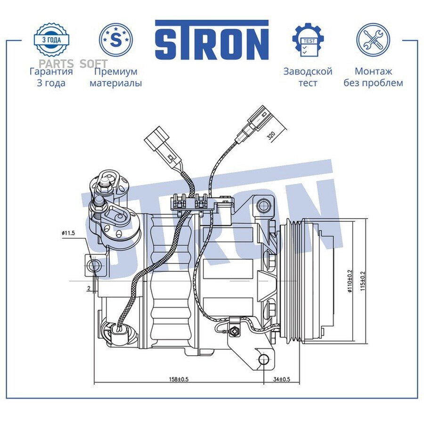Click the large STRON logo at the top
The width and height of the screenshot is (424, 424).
pos(212,40)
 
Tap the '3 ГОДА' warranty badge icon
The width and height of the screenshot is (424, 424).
pos(51,40)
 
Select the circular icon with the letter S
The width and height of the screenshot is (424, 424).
pos(116,40)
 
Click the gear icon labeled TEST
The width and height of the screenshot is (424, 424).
pos(308,40)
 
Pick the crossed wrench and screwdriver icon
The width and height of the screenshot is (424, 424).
pos(373,40)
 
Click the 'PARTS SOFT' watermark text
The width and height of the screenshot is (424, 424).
pos(73,64)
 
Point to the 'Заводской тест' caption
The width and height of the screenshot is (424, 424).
pos(308,77)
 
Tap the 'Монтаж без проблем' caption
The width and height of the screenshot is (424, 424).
pos(373,77)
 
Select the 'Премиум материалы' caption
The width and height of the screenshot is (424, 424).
pos(116,77)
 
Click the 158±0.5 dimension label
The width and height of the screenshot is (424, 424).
pos(179,379)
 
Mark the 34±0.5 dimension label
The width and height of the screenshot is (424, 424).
pos(282,379)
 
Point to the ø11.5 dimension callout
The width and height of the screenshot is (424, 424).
pos(68,233)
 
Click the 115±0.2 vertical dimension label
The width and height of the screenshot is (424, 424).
pos(363,281)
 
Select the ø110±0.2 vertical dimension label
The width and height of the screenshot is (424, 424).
pos(350,281)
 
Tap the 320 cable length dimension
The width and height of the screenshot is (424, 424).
pos(271,136)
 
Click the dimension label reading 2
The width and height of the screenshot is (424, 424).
pos(89,288)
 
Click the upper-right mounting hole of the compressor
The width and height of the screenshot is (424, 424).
pos(263,206)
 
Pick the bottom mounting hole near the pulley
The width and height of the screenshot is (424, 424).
pos(264,359)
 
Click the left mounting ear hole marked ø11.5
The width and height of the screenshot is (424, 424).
pos(95,266)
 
